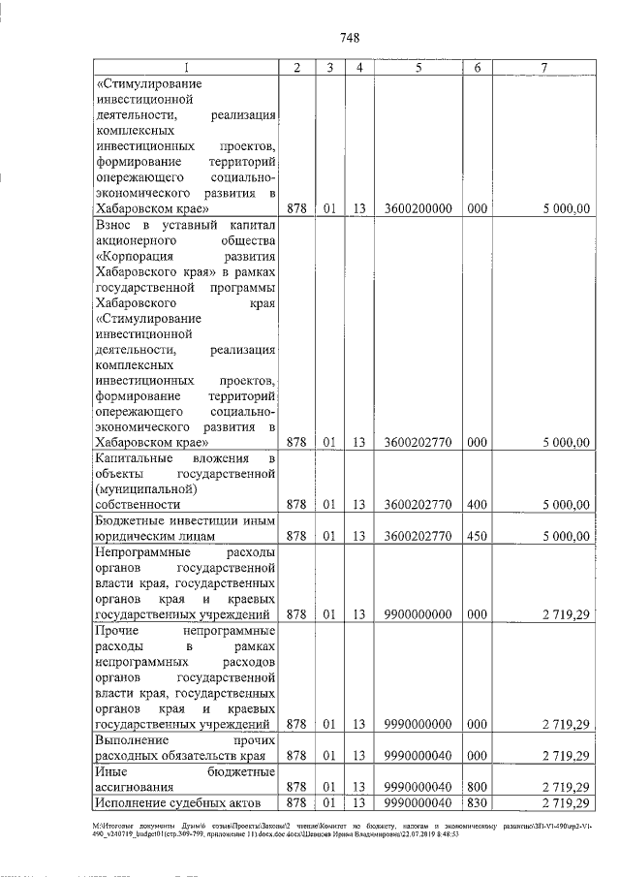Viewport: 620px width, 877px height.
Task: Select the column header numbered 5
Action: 418,68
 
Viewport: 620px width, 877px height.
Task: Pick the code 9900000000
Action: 418,613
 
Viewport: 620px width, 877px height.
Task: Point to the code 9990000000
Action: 418,724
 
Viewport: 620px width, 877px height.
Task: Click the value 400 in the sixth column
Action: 477,504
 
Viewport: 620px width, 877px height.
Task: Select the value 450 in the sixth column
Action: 477,534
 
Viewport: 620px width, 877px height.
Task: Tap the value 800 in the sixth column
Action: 477,787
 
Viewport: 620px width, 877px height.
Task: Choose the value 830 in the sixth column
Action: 477,803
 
